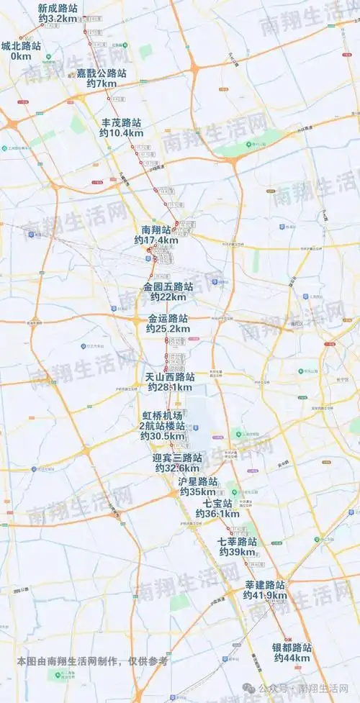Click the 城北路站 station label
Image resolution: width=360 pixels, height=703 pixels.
pyautogui.click(x=21, y=45)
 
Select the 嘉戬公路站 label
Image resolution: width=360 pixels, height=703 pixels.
pyautogui.click(x=102, y=73)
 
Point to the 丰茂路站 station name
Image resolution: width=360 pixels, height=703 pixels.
pyautogui.click(x=122, y=122)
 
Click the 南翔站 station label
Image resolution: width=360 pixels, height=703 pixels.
pyautogui.click(x=156, y=230)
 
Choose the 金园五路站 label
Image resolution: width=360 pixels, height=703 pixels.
pyautogui.click(x=168, y=286)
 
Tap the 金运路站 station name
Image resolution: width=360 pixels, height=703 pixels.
pyautogui.click(x=168, y=318)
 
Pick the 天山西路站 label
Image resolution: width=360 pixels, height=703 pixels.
pyautogui.click(x=170, y=376)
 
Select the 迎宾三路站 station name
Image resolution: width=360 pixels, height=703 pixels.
pyautogui.click(x=178, y=458)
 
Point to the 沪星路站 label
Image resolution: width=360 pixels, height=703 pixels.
pyautogui.click(x=198, y=481)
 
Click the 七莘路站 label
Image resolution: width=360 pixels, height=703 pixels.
pyautogui.click(x=238, y=541)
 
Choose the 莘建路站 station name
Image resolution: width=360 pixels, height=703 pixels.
pyautogui.click(x=265, y=585)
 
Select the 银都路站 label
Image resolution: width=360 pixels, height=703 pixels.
pyautogui.click(x=292, y=648)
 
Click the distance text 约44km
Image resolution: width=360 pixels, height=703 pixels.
pyautogui.click(x=292, y=658)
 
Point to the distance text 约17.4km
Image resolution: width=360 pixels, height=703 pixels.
pyautogui.click(x=156, y=240)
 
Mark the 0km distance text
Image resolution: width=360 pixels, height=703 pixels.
pyautogui.click(x=21, y=55)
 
